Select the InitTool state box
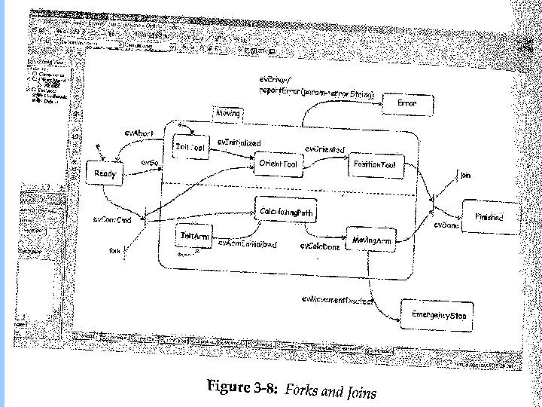click(x=190, y=148)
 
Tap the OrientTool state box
click(x=277, y=164)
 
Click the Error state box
click(x=406, y=102)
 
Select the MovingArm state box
click(x=372, y=240)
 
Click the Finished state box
click(x=489, y=216)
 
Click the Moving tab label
click(x=227, y=114)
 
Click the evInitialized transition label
click(x=239, y=142)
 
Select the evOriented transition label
click(x=324, y=149)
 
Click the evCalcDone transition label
click(x=319, y=246)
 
